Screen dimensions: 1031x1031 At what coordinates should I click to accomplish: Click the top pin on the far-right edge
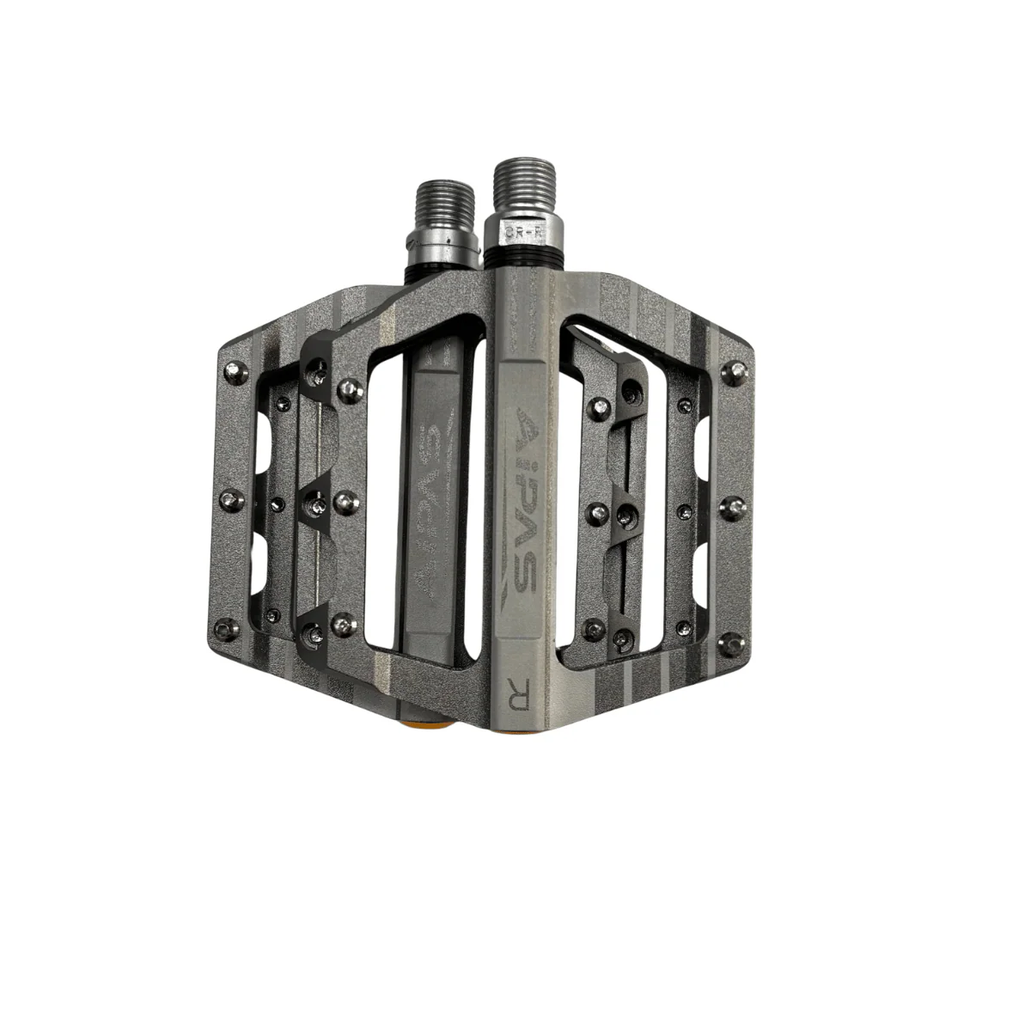point(735,371)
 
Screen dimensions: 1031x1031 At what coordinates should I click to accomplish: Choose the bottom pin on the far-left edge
point(228,630)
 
